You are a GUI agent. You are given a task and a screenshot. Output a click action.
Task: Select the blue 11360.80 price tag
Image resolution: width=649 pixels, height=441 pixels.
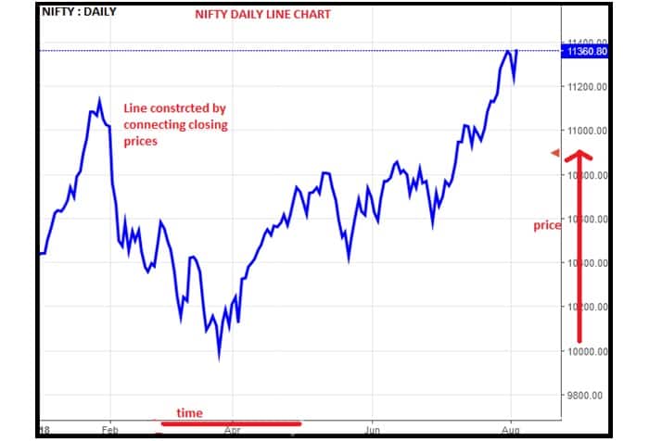[586, 53]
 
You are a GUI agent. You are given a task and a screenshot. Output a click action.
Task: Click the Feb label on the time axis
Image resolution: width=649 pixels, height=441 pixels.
[110, 431]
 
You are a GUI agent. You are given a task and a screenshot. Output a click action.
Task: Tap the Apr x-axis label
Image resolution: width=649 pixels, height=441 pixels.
[232, 431]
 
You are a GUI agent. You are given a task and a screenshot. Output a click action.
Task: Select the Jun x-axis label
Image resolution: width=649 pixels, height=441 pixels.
[374, 431]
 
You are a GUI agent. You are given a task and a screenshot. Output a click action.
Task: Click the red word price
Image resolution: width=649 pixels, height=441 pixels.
[547, 225]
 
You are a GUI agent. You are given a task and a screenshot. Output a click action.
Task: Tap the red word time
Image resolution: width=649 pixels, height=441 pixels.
[190, 413]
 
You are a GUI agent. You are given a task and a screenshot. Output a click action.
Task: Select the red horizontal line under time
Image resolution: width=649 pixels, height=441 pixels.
[229, 424]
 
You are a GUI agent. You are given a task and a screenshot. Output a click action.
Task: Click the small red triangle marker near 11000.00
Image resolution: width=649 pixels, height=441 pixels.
[556, 153]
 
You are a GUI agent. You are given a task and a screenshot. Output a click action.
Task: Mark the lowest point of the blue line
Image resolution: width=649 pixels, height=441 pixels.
[219, 357]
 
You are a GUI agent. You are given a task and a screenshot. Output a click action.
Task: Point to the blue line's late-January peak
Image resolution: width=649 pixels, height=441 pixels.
[99, 97]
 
